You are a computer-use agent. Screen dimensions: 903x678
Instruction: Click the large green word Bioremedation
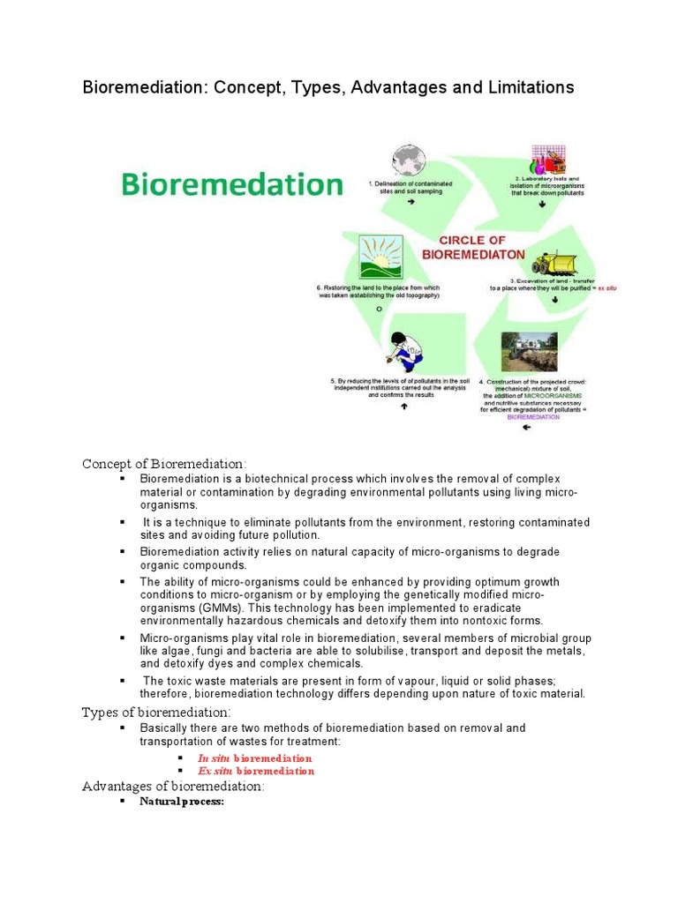pyautogui.click(x=230, y=185)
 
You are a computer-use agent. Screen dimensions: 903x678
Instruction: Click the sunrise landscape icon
pyautogui.click(x=380, y=257)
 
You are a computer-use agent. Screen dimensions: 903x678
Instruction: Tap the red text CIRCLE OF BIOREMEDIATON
pyautogui.click(x=473, y=247)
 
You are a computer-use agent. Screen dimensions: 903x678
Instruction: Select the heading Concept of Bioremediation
pyautogui.click(x=165, y=464)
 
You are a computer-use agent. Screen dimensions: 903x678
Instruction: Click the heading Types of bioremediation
pyautogui.click(x=156, y=712)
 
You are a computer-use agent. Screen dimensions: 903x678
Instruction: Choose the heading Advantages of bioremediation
pyautogui.click(x=173, y=786)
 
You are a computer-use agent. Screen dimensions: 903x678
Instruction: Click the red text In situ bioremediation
pyautogui.click(x=255, y=758)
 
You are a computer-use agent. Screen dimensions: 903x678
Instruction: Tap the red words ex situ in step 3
pyautogui.click(x=606, y=288)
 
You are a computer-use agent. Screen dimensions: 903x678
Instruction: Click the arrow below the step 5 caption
pyautogui.click(x=403, y=407)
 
